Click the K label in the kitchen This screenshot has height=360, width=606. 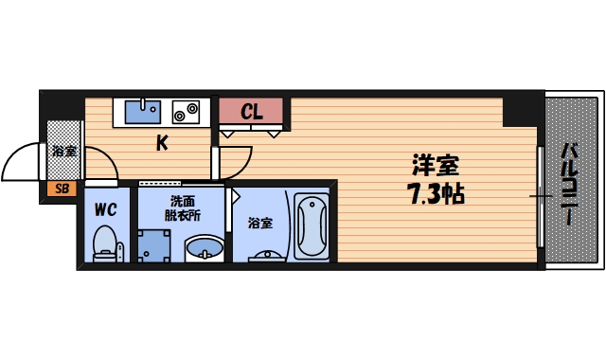pos(162,144)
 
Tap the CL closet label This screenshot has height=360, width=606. pos(251,112)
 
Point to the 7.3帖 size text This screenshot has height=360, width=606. pos(436,196)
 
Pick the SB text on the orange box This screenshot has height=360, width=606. pos(62,189)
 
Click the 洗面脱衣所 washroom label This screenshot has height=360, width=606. pos(184,208)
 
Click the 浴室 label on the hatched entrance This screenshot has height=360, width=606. pos(64,151)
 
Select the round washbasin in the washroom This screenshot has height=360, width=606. pos(205,249)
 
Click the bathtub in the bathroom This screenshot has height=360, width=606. pos(311,228)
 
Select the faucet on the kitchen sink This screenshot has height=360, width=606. pos(144,104)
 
